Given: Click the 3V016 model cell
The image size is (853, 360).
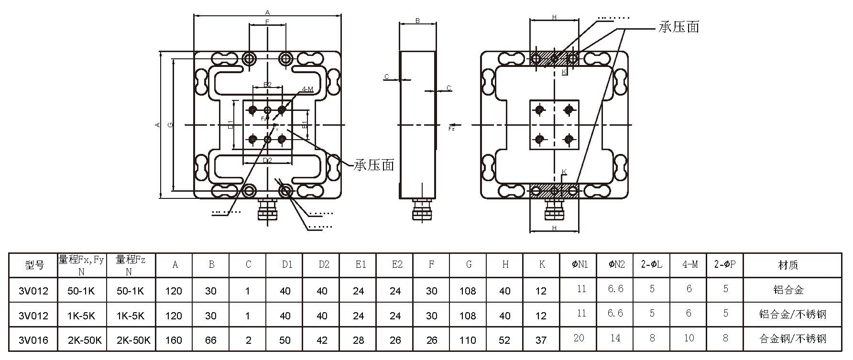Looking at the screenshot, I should point(33,340).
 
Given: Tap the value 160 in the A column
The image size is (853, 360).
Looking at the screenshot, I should point(174,340).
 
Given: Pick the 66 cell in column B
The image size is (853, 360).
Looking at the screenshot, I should point(211,340).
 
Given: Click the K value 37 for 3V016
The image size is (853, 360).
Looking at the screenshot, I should point(541,340).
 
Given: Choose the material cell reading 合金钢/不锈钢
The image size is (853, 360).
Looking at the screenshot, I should point(792,339).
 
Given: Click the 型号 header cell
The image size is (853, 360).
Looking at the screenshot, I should point(34,265).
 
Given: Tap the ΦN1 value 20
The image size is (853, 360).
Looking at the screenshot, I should point(579,338).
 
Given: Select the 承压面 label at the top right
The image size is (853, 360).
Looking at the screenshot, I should point(679,27).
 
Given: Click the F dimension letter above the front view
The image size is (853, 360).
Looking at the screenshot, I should point(267,22).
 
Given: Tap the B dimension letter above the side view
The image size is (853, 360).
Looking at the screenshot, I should point(417,21).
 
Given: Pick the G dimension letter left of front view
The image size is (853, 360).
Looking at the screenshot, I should point(171,125).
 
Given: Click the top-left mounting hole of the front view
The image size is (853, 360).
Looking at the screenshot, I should point(249,59).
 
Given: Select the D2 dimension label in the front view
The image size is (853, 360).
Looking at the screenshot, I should point(267,161).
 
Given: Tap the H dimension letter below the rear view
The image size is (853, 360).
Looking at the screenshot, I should point(554,229).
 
